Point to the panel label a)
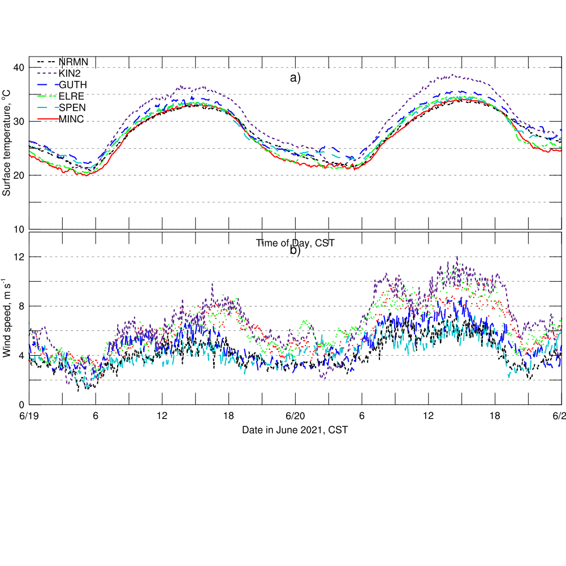click(x=295, y=78)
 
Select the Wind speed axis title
click(x=7, y=318)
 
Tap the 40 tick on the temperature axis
click(x=19, y=68)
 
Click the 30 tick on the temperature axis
click(x=19, y=122)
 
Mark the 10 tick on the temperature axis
click(x=19, y=229)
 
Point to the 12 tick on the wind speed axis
click(x=19, y=257)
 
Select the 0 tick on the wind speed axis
click(x=21, y=405)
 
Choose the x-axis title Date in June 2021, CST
click(x=295, y=430)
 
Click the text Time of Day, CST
click(x=295, y=243)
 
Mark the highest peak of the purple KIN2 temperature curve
click(x=452, y=75)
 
